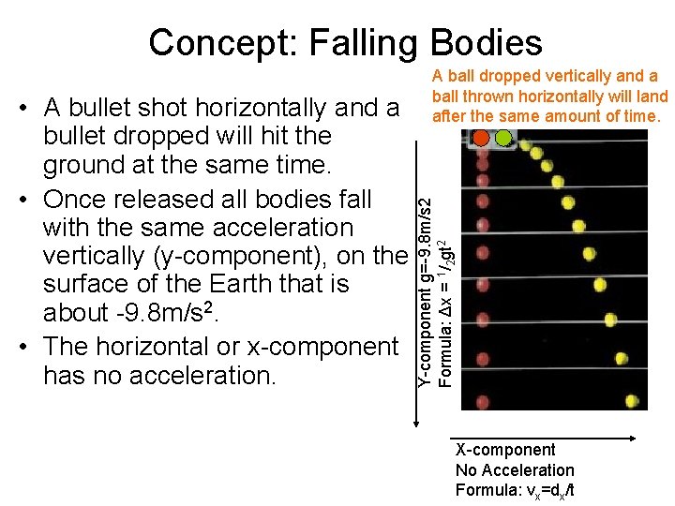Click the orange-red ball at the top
tap(482, 138)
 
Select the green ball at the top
tap(503, 138)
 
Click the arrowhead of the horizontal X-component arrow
tap(634, 437)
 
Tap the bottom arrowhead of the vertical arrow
tap(416, 423)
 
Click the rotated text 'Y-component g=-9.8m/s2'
tap(425, 284)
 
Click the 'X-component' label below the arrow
tap(505, 450)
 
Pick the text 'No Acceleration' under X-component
tap(515, 469)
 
